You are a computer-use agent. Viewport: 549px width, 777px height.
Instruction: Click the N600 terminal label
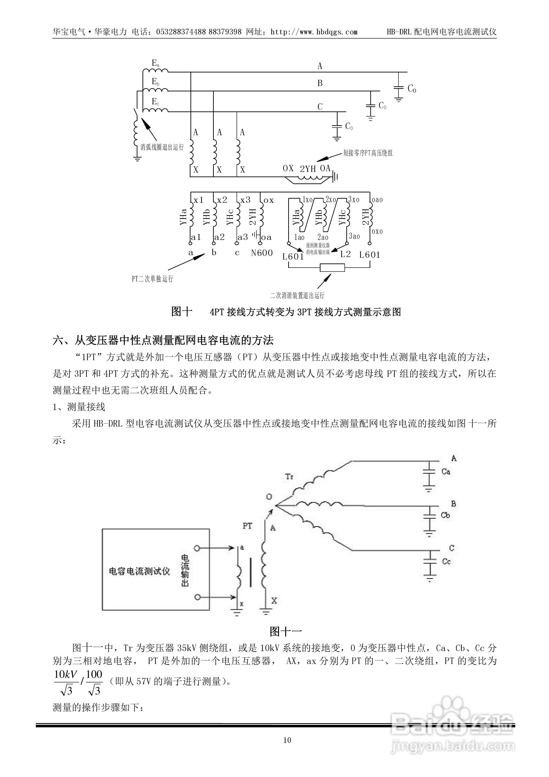[261, 252]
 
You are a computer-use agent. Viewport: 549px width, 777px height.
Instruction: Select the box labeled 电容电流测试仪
[156, 570]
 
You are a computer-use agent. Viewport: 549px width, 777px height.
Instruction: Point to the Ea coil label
[155, 63]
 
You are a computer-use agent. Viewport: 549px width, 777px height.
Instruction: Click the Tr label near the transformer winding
[289, 476]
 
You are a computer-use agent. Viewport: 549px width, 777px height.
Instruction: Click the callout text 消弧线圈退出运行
[162, 147]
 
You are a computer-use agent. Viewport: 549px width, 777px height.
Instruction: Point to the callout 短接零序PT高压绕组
[368, 153]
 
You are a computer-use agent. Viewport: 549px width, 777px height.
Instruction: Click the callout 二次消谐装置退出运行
[297, 296]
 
